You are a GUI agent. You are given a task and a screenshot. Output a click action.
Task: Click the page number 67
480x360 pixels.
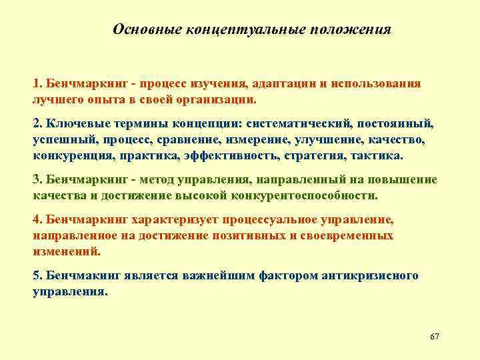tap(435, 335)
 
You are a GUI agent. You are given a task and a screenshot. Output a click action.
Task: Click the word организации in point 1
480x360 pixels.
tap(217, 99)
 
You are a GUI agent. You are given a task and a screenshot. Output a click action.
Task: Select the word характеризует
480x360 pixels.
tap(172, 219)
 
